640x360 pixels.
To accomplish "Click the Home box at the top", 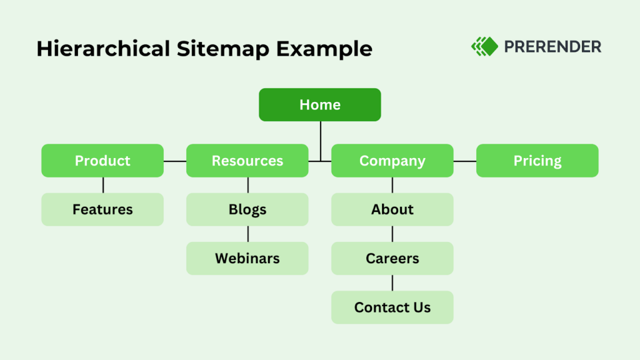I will point(320,105).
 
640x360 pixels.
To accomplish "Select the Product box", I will point(102,161).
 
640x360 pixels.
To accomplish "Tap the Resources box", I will point(247,161).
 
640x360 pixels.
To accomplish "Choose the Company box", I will point(392,161).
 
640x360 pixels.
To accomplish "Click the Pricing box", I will point(537,161).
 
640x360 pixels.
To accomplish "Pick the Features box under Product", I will point(102,209).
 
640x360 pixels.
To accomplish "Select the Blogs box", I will point(247,209).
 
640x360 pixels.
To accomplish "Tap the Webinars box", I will point(247,258).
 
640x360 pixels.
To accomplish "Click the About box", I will point(392,209).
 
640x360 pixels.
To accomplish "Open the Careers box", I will point(392,258).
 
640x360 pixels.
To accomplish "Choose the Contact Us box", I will point(392,307).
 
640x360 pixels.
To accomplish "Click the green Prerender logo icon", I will point(484,46).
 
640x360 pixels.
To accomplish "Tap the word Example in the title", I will point(326,49).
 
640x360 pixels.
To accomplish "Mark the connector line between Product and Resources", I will point(175,161).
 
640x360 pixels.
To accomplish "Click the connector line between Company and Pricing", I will point(465,161).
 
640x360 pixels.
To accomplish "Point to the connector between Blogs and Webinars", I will point(247,234).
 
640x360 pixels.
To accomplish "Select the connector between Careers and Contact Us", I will point(392,282).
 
